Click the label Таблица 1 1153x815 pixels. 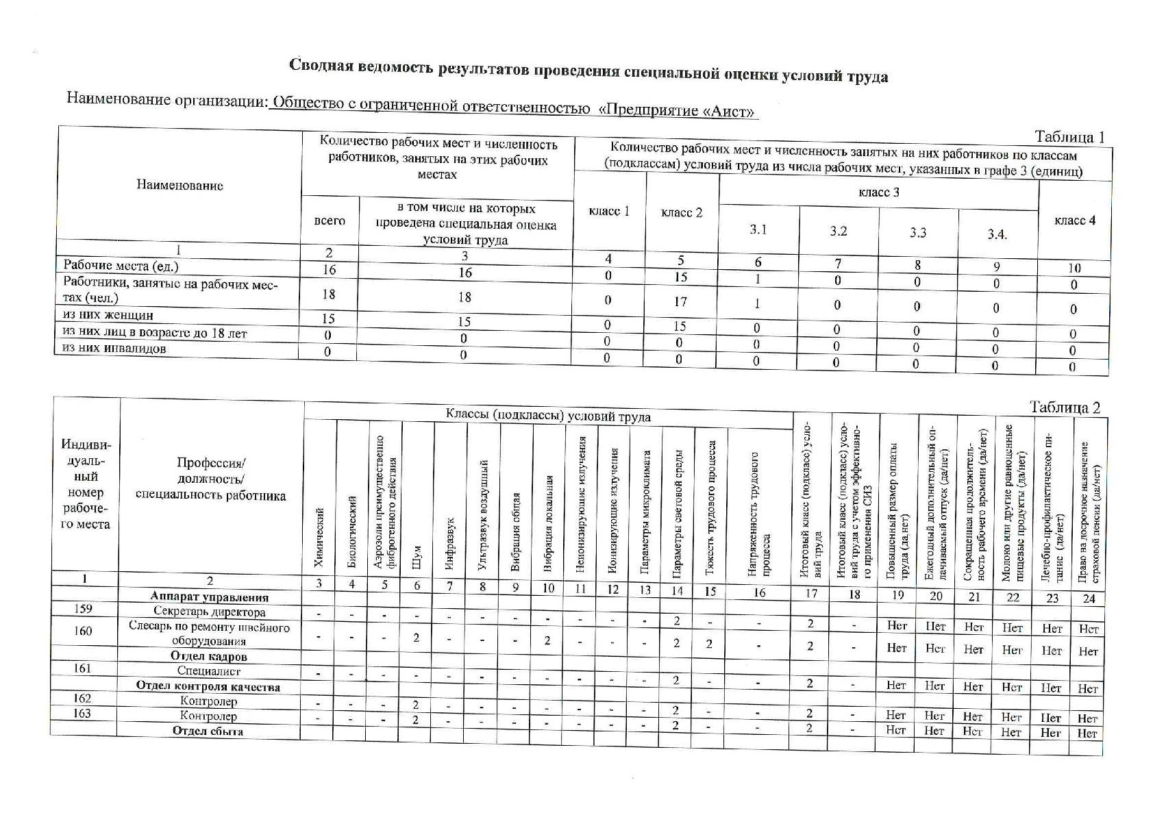point(1069,137)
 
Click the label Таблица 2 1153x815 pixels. point(1065,407)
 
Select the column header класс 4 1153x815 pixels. point(1074,221)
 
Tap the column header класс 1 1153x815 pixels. point(609,211)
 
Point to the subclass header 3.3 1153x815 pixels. point(918,233)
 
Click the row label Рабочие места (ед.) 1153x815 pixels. point(121,266)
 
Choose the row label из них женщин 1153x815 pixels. point(108,316)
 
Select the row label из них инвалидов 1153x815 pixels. point(114,349)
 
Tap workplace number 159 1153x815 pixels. point(83,609)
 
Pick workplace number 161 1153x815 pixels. point(83,668)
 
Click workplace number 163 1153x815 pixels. point(82,713)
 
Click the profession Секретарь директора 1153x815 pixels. point(209,612)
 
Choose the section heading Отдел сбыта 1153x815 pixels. point(208,731)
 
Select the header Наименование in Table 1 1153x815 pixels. point(179,185)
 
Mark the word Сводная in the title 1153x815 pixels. point(320,65)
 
